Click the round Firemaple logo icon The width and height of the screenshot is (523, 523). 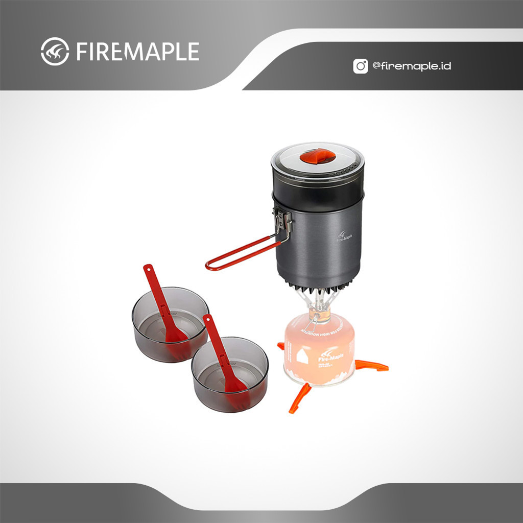pyautogui.click(x=55, y=51)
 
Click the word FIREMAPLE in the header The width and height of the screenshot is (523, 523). pyautogui.click(x=137, y=52)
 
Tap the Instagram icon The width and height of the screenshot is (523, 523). pyautogui.click(x=361, y=66)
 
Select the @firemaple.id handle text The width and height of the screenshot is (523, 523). pyautogui.click(x=412, y=66)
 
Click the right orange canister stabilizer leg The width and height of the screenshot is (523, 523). pyautogui.click(x=372, y=365)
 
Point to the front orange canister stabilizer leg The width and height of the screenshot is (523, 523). pyautogui.click(x=299, y=398)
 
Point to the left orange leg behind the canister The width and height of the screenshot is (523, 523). pyautogui.click(x=280, y=347)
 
